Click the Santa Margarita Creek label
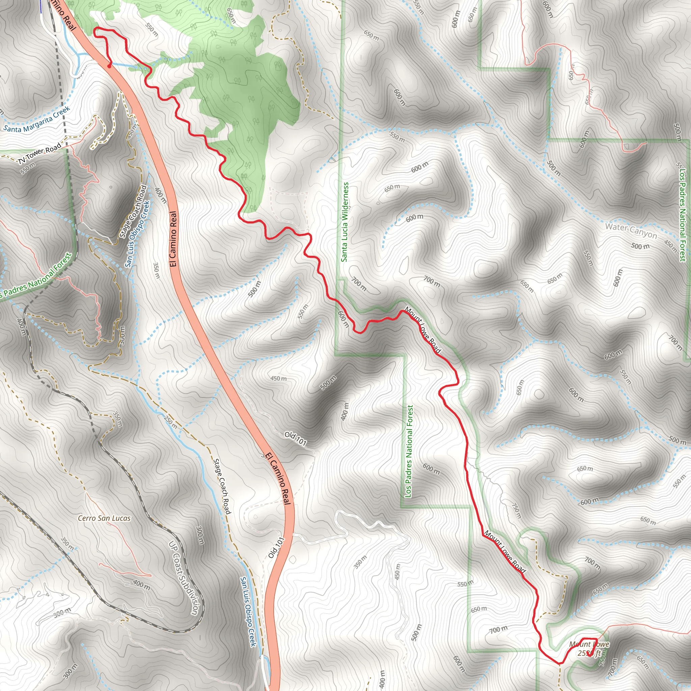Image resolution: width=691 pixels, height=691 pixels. point(37,119)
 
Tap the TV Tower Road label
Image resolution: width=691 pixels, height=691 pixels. point(39,154)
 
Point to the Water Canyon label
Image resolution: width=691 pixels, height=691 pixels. point(631,231)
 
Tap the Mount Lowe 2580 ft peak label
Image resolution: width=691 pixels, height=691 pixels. point(589,649)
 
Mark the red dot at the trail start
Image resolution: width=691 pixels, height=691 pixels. point(109,66)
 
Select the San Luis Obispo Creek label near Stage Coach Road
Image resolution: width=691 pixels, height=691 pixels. point(137,233)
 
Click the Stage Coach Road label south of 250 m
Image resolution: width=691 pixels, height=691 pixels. point(222,487)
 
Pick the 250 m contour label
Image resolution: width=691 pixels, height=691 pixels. point(171,422)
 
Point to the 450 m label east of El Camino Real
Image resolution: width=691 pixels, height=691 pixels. point(278,379)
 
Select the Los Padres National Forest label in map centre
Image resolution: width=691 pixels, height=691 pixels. point(409,451)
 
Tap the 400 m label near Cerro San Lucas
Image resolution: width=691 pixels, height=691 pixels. point(141,585)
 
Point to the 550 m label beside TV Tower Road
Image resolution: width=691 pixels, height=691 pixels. point(28,168)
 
